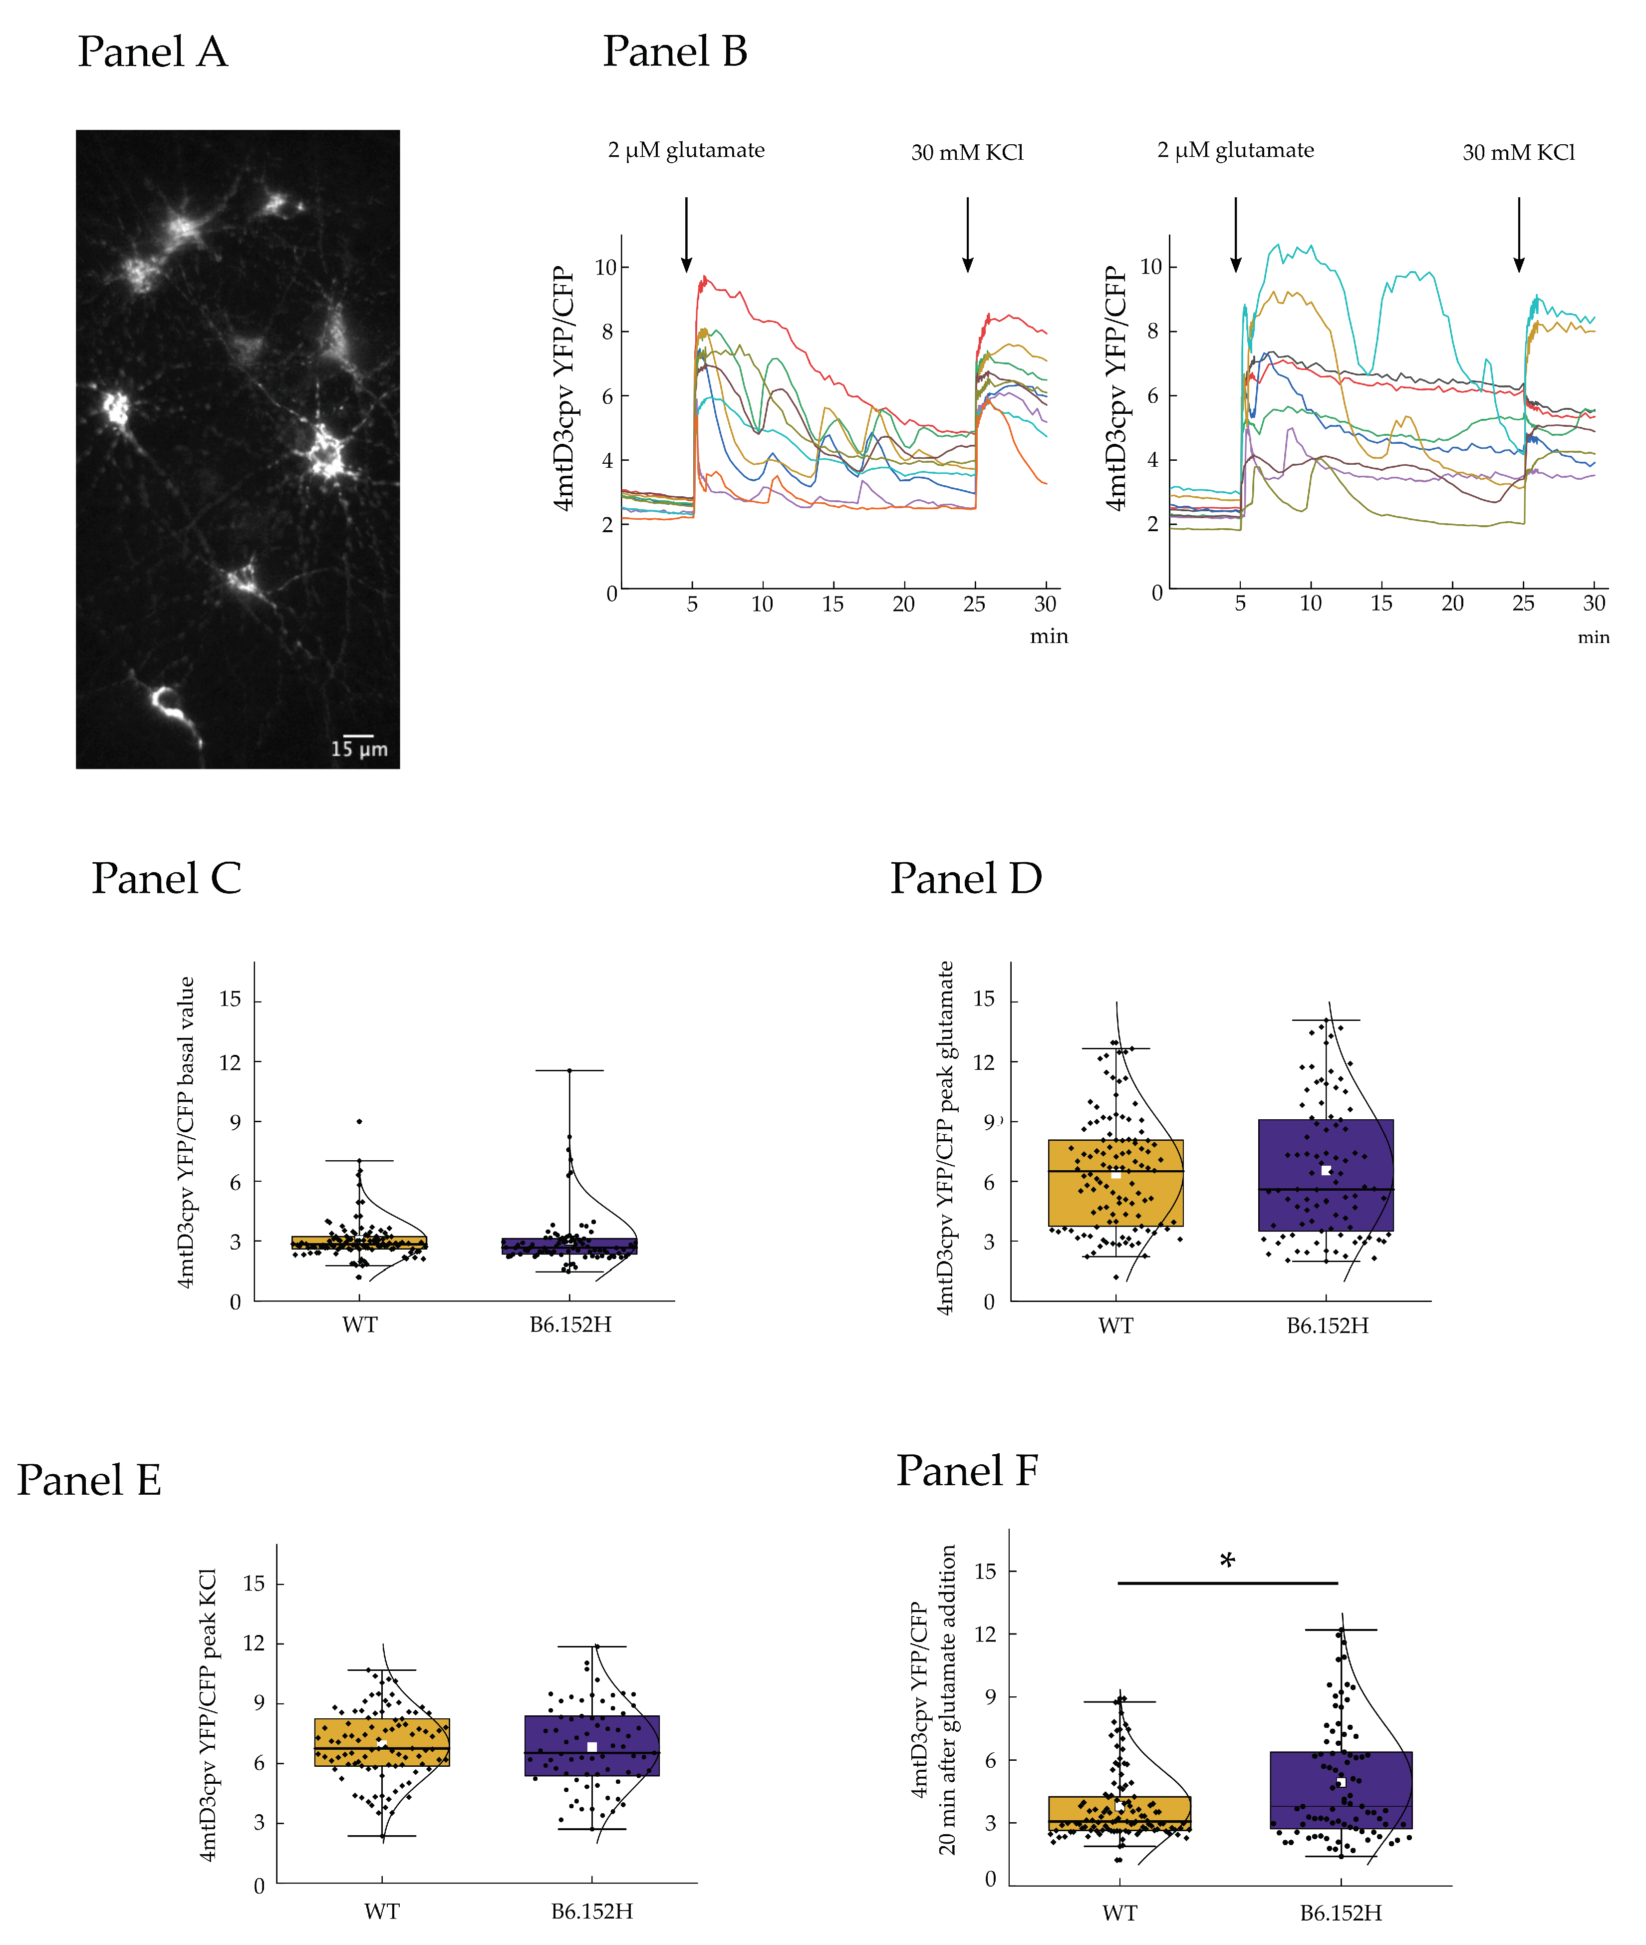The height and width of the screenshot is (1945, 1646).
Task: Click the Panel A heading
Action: point(152,51)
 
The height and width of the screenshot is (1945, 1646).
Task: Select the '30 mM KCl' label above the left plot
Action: point(968,152)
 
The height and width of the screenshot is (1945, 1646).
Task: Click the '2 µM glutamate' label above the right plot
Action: point(1235,150)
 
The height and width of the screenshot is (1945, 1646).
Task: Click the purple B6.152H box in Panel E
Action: point(591,1745)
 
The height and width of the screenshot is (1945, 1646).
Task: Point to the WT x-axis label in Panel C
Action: point(359,1324)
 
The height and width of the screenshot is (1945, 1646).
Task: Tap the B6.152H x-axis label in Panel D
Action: point(1327,1325)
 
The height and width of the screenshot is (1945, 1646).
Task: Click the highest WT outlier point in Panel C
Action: point(359,1121)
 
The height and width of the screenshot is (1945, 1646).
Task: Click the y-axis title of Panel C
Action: point(187,1132)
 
